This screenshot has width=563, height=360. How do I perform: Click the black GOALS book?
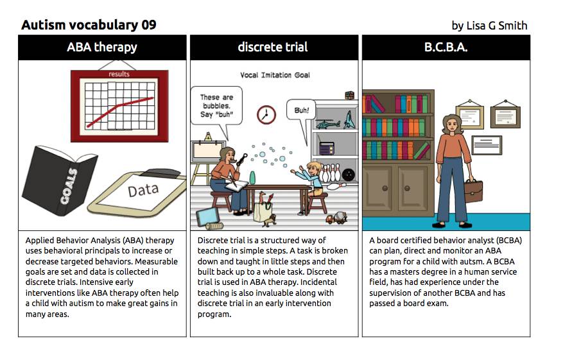[x=59, y=180]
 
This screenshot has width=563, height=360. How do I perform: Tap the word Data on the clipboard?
[x=143, y=190]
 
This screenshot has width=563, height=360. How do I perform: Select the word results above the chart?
[x=119, y=74]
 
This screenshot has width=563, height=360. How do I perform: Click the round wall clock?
[x=266, y=115]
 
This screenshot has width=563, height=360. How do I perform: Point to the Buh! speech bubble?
[x=301, y=110]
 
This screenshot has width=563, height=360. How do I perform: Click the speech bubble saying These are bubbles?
[x=216, y=106]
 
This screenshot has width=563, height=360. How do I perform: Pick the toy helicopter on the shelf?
[x=328, y=124]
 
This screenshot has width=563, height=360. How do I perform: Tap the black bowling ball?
[x=348, y=175]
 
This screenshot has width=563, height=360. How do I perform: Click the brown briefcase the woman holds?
[x=473, y=190]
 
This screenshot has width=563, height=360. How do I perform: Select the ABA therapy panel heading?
[x=102, y=47]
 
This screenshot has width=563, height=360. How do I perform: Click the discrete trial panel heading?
[x=273, y=47]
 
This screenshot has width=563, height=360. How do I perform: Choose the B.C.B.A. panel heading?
[x=446, y=47]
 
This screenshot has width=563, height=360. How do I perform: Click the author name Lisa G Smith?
[x=497, y=26]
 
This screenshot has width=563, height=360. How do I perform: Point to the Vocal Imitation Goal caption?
[x=275, y=75]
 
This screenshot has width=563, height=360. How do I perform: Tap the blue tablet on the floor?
[x=207, y=216]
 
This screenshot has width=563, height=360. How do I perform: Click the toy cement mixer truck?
[x=337, y=218]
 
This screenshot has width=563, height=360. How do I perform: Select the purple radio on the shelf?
[x=326, y=148]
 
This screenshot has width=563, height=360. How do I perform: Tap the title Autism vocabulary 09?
[x=89, y=25]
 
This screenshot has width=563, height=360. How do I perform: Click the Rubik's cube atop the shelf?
[x=349, y=96]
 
